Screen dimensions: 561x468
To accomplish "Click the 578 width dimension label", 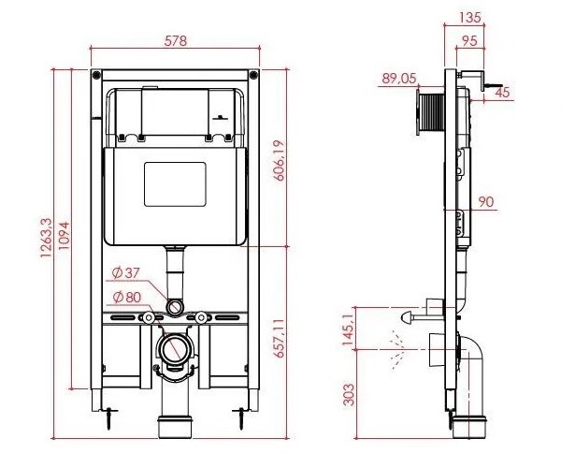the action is click(x=176, y=41).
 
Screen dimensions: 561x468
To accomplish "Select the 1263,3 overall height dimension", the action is click(x=46, y=238).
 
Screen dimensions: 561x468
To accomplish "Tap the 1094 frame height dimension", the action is click(x=64, y=236).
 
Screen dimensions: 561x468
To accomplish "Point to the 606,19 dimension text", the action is click(x=279, y=160).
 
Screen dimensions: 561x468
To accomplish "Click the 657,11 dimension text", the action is click(x=279, y=338).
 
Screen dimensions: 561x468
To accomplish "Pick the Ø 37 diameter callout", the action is click(x=125, y=273).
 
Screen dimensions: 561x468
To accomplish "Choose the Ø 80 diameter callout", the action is click(x=126, y=297).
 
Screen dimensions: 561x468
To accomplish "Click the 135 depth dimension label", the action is click(x=469, y=17).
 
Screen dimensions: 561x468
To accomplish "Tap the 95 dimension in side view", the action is click(x=469, y=41).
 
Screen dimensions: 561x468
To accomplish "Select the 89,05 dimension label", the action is click(x=399, y=78).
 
